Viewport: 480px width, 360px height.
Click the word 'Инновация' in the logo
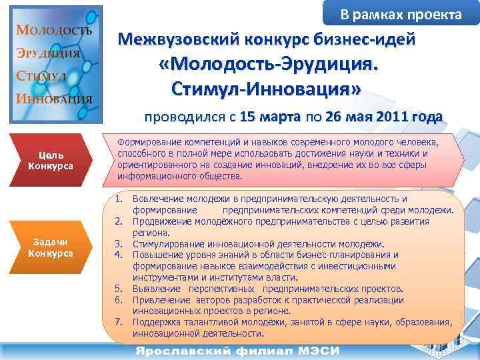(53, 98)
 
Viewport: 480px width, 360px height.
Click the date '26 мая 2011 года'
(385, 117)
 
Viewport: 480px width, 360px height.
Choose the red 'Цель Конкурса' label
(51, 161)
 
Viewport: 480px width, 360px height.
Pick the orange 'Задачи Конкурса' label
(51, 247)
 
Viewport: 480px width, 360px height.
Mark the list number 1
(119, 199)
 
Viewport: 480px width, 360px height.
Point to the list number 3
(119, 243)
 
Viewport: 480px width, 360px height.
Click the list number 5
(119, 289)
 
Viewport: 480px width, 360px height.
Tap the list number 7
(119, 322)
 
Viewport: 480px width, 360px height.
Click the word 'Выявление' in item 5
(157, 289)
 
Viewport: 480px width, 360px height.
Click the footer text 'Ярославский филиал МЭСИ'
(239, 351)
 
